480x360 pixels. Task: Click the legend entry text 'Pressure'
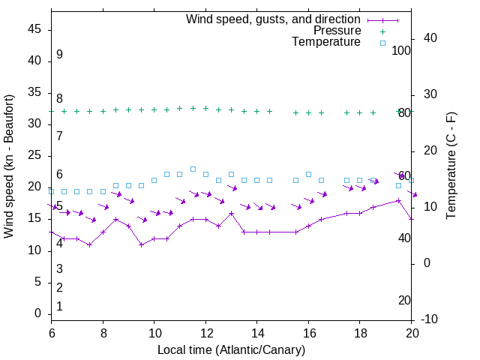point(337,31)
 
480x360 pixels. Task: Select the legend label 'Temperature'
point(326,42)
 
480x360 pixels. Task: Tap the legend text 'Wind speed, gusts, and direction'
point(274,19)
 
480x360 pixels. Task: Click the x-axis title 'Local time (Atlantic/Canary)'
point(232,350)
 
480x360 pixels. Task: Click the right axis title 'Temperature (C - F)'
point(451,166)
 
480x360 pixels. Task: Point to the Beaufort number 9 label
point(59,55)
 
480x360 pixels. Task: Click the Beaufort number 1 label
point(59,307)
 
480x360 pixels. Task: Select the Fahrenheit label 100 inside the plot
point(401,50)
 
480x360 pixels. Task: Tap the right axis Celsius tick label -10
point(429,319)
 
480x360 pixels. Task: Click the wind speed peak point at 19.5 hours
point(399,200)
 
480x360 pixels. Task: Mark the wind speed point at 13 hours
point(231,213)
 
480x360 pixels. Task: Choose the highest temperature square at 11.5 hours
point(193,169)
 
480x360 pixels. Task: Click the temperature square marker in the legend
point(382,43)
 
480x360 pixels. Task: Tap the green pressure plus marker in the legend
point(382,31)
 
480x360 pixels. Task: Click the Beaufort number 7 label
point(59,136)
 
